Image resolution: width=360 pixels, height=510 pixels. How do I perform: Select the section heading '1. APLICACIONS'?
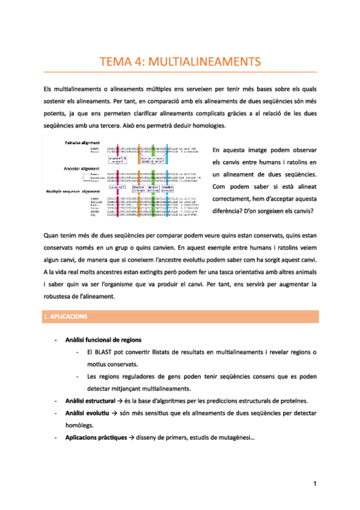tap(66, 316)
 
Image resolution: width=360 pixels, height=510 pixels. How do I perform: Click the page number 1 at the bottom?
tap(314, 483)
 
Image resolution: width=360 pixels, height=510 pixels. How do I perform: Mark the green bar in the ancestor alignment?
tap(153, 177)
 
